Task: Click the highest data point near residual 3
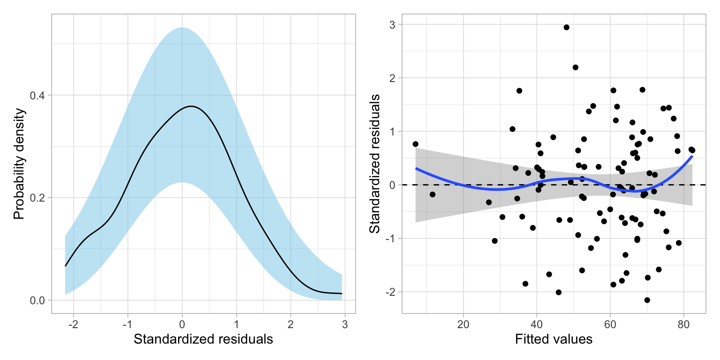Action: point(566,27)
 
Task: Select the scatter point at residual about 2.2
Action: point(575,67)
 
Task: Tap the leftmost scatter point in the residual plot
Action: point(415,144)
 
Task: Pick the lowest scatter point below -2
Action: point(647,300)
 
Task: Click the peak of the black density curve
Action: point(191,106)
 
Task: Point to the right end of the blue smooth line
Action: point(692,157)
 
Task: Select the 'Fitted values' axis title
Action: point(553,339)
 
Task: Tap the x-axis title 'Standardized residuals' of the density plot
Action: point(203,339)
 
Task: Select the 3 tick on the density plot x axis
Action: point(345,324)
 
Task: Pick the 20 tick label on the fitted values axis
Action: point(463,324)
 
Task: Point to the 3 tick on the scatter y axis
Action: point(390,24)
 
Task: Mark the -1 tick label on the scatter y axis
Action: point(389,239)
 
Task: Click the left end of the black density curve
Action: point(65,266)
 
